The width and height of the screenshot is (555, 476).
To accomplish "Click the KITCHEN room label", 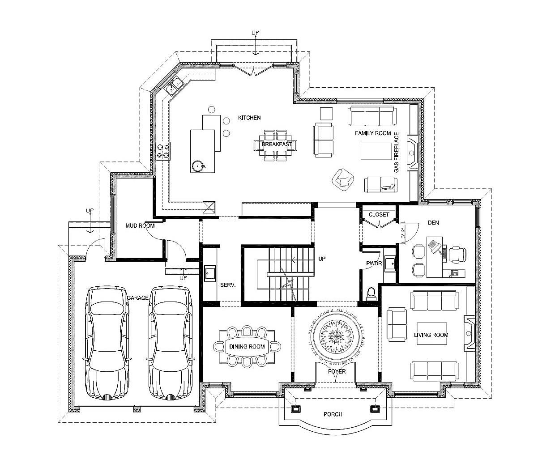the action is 249,118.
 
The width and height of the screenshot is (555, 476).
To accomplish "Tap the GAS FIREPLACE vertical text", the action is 396,152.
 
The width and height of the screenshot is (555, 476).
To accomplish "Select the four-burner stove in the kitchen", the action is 163,151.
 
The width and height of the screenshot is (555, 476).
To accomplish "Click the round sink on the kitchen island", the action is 198,166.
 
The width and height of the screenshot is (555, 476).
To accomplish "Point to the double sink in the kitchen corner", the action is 174,85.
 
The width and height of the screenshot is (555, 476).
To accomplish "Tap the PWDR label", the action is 374,263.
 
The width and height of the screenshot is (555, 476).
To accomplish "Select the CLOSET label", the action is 379,214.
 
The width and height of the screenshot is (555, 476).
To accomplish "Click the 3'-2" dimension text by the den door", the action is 402,233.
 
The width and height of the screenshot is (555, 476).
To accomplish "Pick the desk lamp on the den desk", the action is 435,246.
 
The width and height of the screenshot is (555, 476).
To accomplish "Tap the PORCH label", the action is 333,414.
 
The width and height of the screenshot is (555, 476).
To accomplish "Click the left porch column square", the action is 296,409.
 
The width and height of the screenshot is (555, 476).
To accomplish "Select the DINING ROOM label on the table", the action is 247,346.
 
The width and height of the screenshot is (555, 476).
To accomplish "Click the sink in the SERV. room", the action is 210,273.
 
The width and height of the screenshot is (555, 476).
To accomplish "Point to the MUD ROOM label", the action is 140,225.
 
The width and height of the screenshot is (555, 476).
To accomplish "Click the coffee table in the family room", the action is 376,151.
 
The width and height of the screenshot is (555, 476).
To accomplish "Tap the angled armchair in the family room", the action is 343,179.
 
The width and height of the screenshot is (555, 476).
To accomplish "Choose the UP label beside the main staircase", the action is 322,259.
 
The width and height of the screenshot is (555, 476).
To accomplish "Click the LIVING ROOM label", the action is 431,335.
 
